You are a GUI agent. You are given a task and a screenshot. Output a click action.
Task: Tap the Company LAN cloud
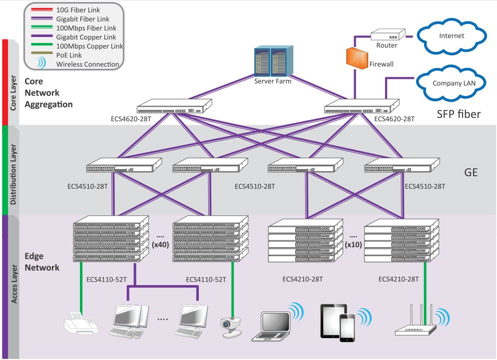point(454,83)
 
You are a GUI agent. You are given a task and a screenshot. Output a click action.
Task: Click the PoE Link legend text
point(69,55)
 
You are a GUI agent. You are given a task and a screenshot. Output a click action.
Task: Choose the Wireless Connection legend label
point(87,64)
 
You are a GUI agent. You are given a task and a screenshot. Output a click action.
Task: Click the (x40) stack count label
point(161,245)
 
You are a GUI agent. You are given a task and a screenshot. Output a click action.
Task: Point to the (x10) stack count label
point(354,244)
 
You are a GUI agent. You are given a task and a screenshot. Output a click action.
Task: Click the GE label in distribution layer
point(471,173)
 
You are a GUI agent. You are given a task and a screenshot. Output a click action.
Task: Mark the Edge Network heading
point(42,262)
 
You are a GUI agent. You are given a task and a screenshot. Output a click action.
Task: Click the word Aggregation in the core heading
point(48,104)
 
